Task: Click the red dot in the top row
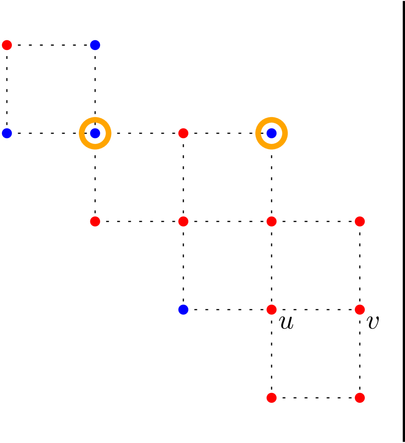tap(7, 45)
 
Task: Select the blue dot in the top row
tap(95, 45)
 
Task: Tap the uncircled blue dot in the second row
tap(7, 133)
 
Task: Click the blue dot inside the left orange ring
tap(95, 133)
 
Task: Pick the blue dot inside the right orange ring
tap(272, 133)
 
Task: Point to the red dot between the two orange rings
tap(183, 133)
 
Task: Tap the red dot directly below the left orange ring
tap(95, 221)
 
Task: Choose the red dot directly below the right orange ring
tap(272, 221)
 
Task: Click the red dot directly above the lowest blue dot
tap(183, 221)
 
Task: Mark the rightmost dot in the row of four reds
tap(360, 221)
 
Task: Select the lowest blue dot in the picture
tap(183, 310)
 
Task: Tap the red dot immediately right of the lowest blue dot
tap(272, 310)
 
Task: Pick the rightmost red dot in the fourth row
tap(360, 310)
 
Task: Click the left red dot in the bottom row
tap(272, 398)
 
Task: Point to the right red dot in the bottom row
tap(360, 398)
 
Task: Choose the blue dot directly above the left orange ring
tap(95, 45)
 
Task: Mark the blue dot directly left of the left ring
tap(7, 133)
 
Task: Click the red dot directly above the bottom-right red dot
tap(360, 310)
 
